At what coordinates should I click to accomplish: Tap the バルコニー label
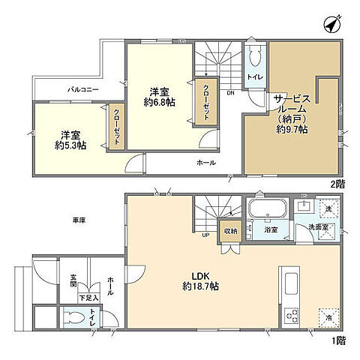(x=79, y=89)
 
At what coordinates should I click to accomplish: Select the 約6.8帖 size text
(x=160, y=101)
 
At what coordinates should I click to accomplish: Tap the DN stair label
(x=230, y=93)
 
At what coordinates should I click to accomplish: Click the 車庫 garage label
(x=78, y=220)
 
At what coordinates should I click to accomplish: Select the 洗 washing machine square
(x=328, y=208)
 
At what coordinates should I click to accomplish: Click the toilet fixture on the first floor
(x=71, y=318)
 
